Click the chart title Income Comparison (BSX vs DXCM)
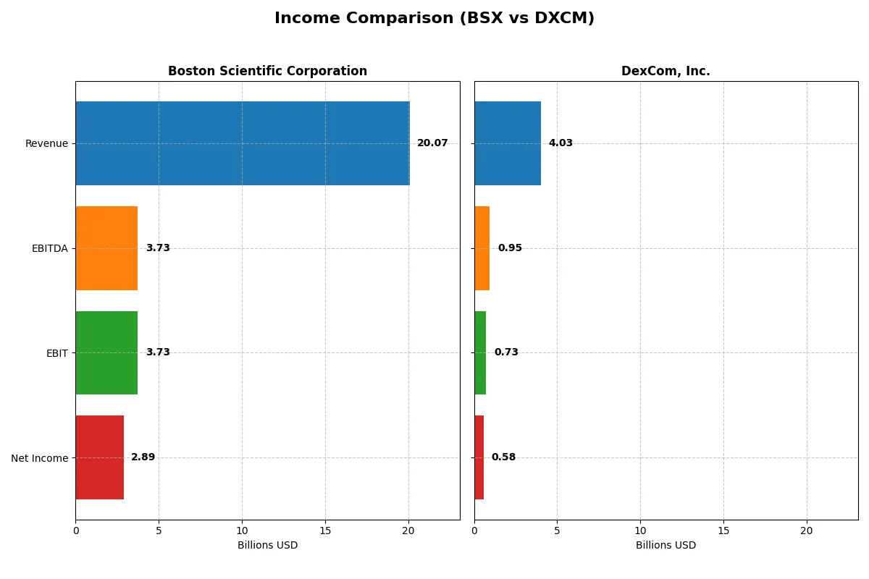coord(434,19)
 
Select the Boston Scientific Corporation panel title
coord(267,71)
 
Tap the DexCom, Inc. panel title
coord(666,71)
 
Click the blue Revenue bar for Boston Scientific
coord(243,143)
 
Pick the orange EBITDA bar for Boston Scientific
coord(106,248)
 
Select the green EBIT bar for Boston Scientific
coord(106,352)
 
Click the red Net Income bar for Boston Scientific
coord(99,457)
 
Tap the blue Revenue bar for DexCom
coord(508,143)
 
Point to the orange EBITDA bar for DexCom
coord(482,248)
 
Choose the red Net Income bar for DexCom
coord(479,457)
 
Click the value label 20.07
coord(432,143)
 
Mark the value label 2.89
coord(143,457)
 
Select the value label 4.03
coord(561,143)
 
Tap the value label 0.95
coord(510,248)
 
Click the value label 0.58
coord(503,457)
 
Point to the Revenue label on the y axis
coord(46,143)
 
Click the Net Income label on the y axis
coord(40,458)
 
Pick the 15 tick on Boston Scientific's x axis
coord(325,531)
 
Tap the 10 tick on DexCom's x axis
coord(640,531)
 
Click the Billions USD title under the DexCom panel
coord(666,546)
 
